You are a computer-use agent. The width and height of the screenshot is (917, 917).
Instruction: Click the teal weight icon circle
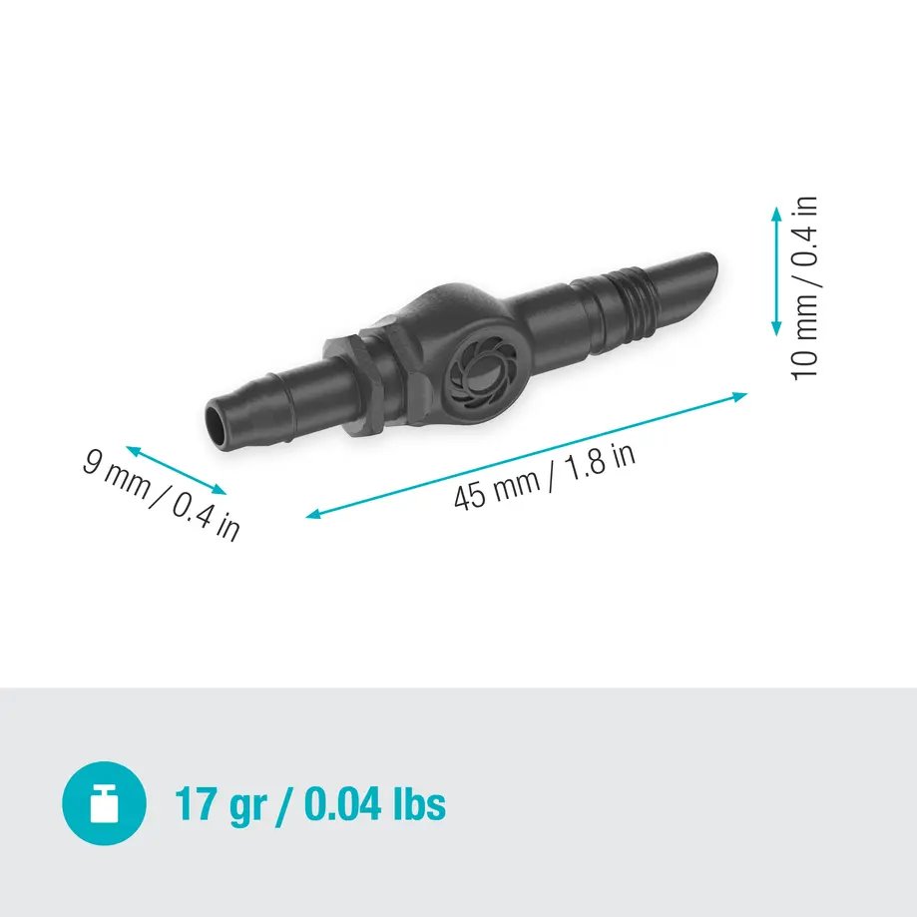point(104,803)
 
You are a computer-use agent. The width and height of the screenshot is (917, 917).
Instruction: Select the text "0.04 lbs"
point(374,803)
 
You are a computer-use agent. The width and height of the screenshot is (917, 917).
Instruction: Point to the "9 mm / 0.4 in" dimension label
point(161,495)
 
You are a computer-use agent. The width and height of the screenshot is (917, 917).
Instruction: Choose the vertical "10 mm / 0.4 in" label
point(805,287)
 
